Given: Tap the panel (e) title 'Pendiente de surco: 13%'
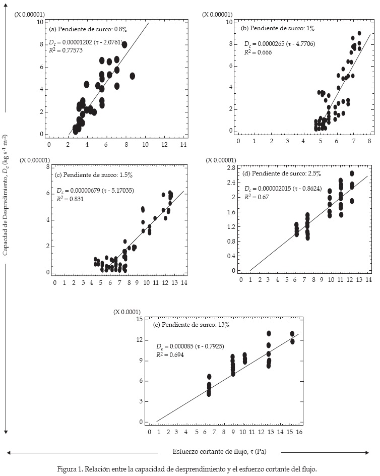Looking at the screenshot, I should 191,325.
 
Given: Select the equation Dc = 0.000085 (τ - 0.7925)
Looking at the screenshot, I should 190,347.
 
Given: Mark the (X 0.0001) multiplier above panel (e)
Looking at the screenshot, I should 127,312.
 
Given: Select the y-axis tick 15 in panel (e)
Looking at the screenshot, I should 140,319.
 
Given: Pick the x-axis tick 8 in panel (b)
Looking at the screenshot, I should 369,141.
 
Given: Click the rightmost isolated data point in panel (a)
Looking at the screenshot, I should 132,76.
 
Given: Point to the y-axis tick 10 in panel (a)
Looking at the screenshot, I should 40,22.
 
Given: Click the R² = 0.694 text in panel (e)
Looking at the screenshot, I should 170,355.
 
